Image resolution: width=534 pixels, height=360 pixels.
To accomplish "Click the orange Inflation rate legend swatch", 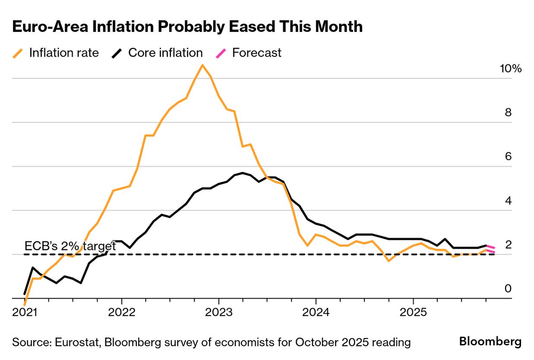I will [18, 53].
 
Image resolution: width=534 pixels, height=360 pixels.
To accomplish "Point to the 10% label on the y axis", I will [511, 69].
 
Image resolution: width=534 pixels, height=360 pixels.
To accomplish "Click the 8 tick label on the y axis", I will [508, 113].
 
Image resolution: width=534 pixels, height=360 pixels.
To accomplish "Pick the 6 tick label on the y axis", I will [508, 156].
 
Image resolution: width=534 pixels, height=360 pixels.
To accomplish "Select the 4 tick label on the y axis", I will [508, 201].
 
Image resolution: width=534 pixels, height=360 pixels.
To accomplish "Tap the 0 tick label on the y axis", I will [508, 288].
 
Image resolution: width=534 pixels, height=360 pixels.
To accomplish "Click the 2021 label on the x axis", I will [24, 312].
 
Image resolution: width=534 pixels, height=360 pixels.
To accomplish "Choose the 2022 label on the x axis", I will [121, 312].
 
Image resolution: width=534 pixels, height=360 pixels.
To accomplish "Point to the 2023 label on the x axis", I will [218, 312].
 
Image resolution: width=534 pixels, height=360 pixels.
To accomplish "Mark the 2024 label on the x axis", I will [316, 312].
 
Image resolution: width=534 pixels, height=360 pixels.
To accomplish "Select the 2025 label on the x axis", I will [413, 312].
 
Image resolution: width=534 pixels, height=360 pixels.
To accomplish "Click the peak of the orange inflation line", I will [202, 65].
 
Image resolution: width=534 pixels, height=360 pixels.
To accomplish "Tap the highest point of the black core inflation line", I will [243, 173].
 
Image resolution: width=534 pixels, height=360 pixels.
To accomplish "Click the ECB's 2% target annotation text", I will [70, 246].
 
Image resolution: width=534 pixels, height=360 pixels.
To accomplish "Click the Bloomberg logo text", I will [490, 341].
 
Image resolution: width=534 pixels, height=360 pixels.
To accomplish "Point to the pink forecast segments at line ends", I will [490, 249].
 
